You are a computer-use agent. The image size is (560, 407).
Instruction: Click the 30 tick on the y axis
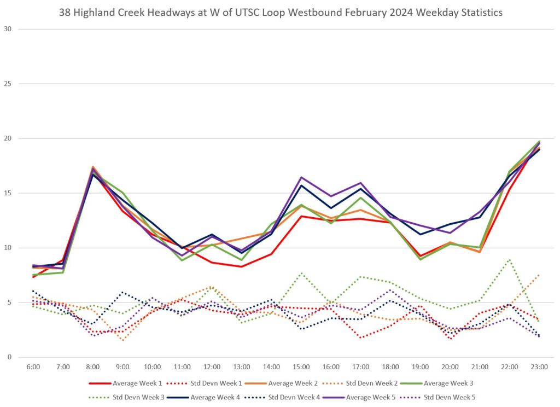[x=8, y=29]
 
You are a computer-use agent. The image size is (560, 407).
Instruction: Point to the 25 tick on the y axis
[x=8, y=84]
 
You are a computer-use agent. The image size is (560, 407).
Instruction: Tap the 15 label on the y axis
[x=8, y=193]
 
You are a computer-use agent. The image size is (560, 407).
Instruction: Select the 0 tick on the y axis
[x=9, y=357]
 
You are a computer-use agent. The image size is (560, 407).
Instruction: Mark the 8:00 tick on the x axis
[x=92, y=367]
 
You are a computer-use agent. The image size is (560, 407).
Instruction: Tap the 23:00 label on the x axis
[x=539, y=367]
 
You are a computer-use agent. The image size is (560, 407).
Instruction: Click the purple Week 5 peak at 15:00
[x=301, y=177]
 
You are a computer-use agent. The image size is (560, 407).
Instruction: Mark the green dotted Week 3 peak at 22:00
[x=510, y=259]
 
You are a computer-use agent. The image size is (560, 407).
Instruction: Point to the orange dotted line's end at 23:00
[x=539, y=275]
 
